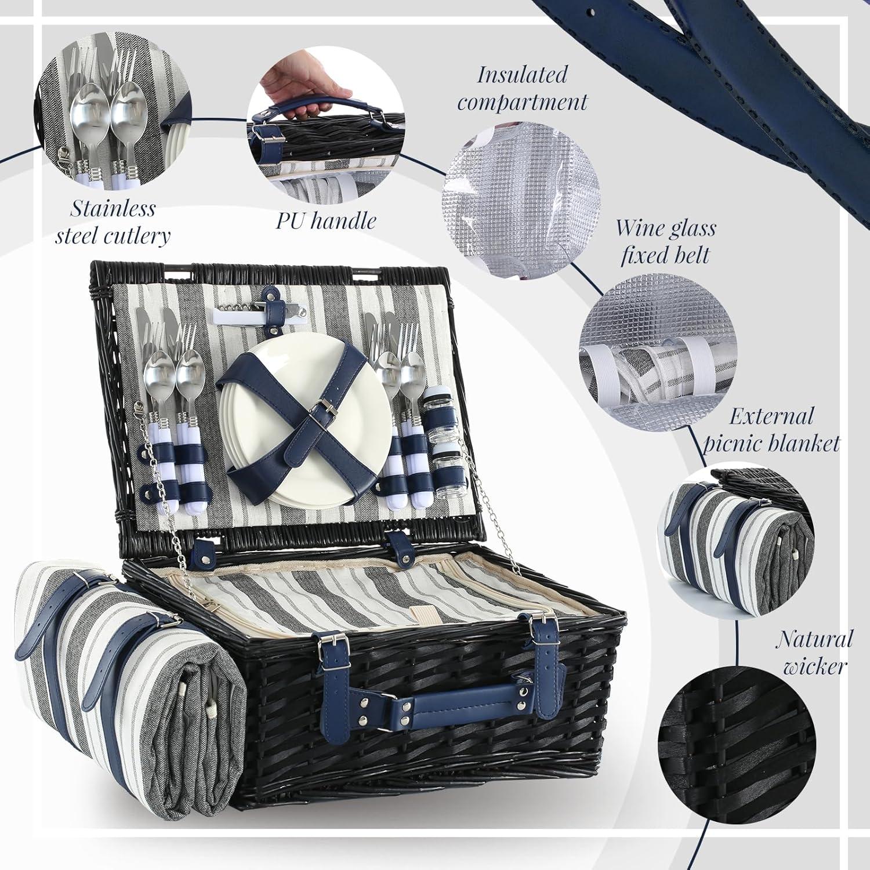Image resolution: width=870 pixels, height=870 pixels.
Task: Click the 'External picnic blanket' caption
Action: coord(771,429)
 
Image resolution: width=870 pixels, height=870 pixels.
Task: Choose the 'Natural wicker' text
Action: coord(814,652)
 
